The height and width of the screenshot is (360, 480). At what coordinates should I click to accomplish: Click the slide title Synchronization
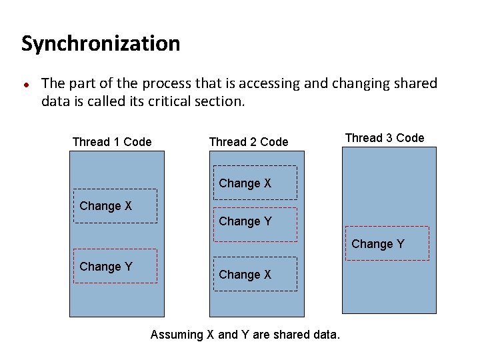[x=101, y=44]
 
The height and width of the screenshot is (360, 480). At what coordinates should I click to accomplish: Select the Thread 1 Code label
[x=112, y=141]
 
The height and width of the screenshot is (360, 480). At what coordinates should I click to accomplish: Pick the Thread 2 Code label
[x=249, y=141]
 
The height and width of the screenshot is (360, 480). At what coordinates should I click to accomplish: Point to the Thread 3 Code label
[x=385, y=138]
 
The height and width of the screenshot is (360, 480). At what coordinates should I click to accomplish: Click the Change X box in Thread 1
[x=115, y=206]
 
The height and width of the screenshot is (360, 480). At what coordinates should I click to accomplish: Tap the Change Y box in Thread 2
[x=255, y=221]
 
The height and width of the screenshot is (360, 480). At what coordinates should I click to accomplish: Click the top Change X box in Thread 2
[x=255, y=183]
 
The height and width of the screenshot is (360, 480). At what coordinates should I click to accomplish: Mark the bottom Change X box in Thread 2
[x=255, y=274]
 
